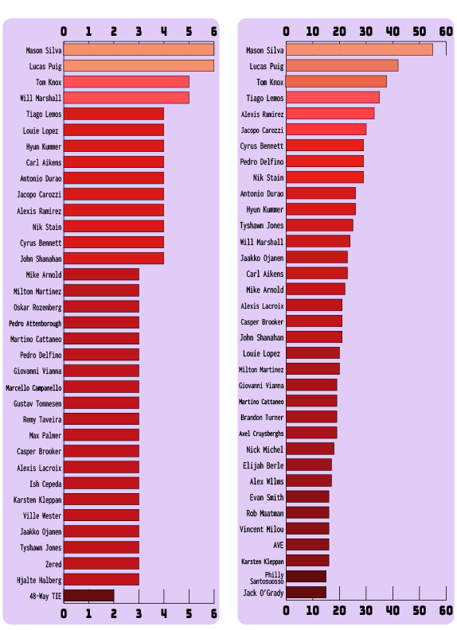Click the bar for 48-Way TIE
pyautogui.click(x=88, y=596)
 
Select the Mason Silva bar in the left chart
pyautogui.click(x=139, y=49)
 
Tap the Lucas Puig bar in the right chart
pyautogui.click(x=342, y=65)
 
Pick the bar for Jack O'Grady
pyautogui.click(x=307, y=593)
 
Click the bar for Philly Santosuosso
pyautogui.click(x=307, y=577)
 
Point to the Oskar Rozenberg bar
pyautogui.click(x=101, y=306)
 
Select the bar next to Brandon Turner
pyautogui.click(x=311, y=417)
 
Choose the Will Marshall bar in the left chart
pyautogui.click(x=127, y=98)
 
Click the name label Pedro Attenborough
pyautogui.click(x=35, y=324)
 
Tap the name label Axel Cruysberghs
pyautogui.click(x=261, y=434)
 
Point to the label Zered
pyautogui.click(x=53, y=564)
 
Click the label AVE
pyautogui.click(x=279, y=545)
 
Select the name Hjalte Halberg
pyautogui.click(x=39, y=580)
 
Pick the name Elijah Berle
pyautogui.click(x=263, y=465)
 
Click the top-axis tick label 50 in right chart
pyautogui.click(x=420, y=31)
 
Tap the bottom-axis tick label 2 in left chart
pyautogui.click(x=114, y=613)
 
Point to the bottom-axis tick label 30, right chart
pyautogui.click(x=365, y=611)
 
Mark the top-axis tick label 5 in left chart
pyautogui.click(x=189, y=31)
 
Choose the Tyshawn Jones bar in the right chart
pyautogui.click(x=319, y=225)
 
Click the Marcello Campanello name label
pyautogui.click(x=33, y=387)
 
